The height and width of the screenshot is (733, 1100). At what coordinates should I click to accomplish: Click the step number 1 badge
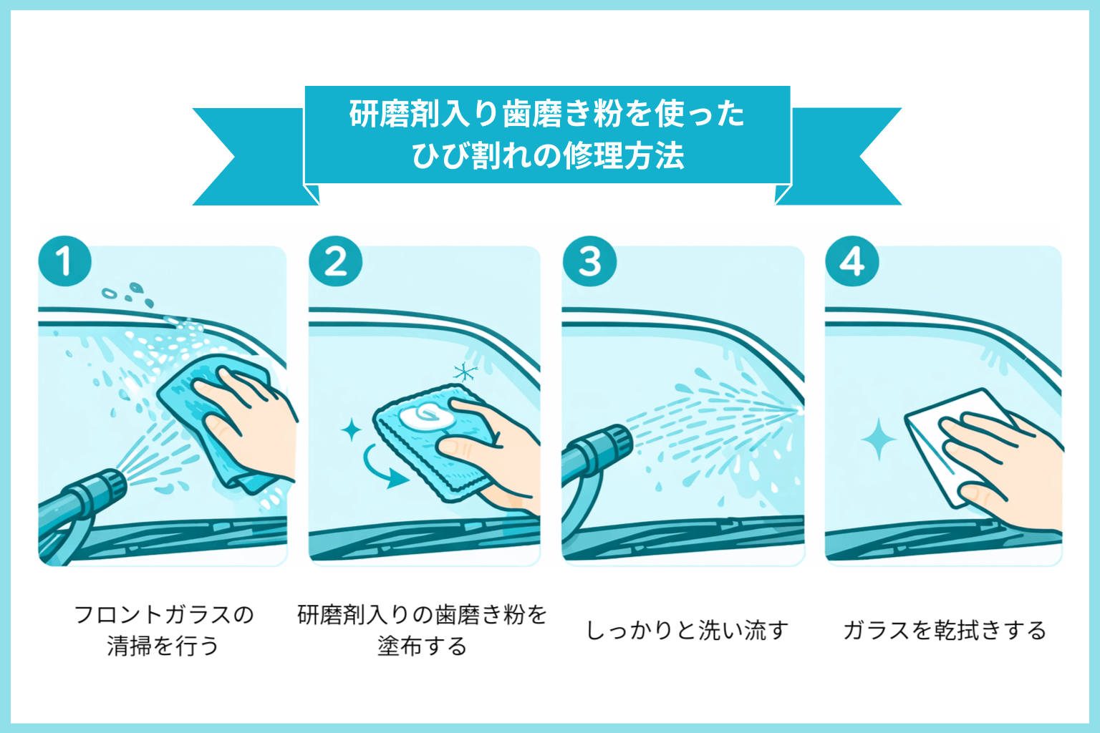coord(64,261)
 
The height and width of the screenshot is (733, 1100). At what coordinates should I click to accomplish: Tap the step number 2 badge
coord(335,261)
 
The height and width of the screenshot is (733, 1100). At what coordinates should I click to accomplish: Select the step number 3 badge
coord(589,261)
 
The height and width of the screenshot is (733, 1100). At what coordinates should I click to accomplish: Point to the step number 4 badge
coord(852,261)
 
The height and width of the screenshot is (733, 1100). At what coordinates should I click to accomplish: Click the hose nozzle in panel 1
coord(100,488)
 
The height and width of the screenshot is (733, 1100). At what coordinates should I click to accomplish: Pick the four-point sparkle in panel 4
coord(878,440)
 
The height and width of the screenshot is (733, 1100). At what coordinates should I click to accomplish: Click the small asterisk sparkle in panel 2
coord(465,372)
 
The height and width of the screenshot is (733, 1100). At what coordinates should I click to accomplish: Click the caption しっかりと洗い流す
coord(687,631)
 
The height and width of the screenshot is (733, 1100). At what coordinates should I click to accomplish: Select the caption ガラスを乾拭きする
coord(944,631)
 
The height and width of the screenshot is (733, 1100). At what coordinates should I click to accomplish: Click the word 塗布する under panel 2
coord(423,646)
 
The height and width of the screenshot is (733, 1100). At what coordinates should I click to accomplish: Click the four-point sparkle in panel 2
coord(352,431)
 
